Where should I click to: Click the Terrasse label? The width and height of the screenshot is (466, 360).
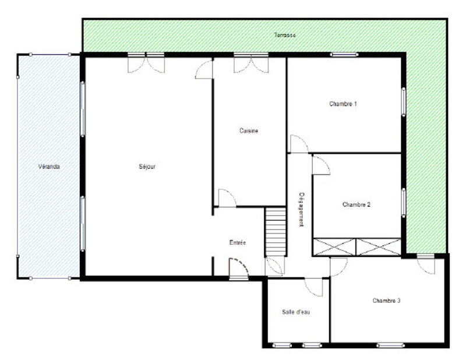tap(285, 36)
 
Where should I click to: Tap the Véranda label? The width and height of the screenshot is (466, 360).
tap(50, 167)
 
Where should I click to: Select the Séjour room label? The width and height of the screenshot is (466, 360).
tap(147, 167)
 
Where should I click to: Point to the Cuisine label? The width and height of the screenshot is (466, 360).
tap(249, 131)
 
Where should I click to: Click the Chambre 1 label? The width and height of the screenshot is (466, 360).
tap(343, 104)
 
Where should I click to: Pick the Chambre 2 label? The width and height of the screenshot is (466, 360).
tap(356, 204)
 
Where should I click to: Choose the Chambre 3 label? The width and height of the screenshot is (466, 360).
tap(387, 301)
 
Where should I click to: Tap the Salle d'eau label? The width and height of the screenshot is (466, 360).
tap(296, 312)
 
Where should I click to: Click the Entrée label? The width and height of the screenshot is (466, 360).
tap(238, 242)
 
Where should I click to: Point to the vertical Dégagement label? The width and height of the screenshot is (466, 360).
tap(302, 209)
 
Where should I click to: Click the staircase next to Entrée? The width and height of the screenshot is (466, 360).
tap(276, 231)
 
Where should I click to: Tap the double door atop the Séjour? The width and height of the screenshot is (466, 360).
tap(146, 63)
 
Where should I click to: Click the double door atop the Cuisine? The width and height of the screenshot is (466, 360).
tap(251, 63)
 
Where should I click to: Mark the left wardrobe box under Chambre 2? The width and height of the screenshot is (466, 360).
tap(334, 247)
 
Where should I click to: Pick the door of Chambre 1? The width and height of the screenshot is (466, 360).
tap(299, 144)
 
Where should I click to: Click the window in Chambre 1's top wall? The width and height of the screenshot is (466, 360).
tap(344, 55)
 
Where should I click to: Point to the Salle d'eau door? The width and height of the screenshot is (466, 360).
tap(314, 286)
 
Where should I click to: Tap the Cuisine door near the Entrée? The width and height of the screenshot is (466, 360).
tap(227, 198)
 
